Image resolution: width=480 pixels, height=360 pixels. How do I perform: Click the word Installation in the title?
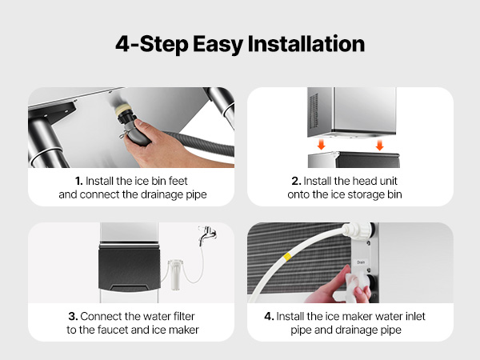coord(306,44)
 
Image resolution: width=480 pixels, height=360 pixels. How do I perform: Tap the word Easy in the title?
coord(218,45)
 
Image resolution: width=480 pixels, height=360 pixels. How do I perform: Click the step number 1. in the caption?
coord(79,181)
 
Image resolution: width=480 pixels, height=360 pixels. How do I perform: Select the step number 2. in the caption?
coord(296,181)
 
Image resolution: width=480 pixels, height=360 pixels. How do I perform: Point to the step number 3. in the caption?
coord(73,316)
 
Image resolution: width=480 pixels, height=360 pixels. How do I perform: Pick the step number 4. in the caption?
coord(269,316)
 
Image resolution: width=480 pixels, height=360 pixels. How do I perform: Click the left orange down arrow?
coord(321,145)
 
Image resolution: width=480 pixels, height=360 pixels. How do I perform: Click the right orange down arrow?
coord(379,145)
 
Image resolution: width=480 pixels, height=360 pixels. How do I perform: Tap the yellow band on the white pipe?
coord(287,257)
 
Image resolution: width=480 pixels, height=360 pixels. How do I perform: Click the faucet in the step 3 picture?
coord(207,234)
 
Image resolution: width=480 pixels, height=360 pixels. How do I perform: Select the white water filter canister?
coord(175,274)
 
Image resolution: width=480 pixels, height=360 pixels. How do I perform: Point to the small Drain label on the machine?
coord(361,262)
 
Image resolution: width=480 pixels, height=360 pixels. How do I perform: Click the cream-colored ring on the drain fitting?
coord(123,110)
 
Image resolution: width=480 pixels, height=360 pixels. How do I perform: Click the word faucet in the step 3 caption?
coord(113,330)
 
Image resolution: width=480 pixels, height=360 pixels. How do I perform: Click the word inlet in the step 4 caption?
coord(415,316)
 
